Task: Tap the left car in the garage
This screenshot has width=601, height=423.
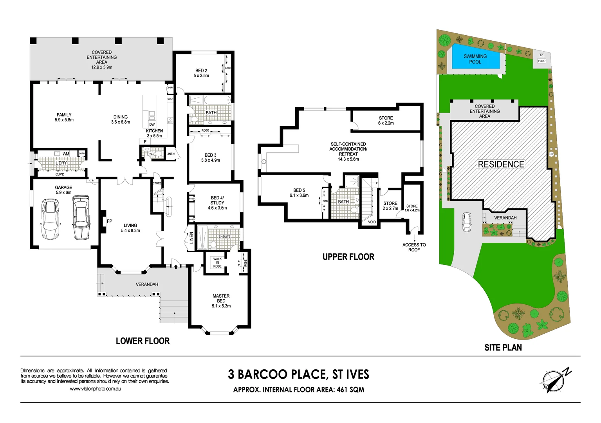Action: (x=51, y=219)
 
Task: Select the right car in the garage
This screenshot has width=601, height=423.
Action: (x=81, y=218)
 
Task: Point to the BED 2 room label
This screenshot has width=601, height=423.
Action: (x=201, y=73)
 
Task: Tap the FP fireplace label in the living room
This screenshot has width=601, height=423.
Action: (x=110, y=221)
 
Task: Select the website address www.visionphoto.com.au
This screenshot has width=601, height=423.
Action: (x=95, y=389)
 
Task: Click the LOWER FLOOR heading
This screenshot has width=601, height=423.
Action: (x=143, y=341)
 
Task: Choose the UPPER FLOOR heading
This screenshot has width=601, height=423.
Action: (x=348, y=257)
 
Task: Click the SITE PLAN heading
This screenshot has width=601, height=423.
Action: (x=503, y=347)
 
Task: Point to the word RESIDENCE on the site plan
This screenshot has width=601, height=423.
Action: (x=501, y=164)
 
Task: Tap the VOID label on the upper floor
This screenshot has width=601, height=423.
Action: (x=372, y=222)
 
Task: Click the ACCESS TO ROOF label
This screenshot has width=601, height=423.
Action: (x=414, y=247)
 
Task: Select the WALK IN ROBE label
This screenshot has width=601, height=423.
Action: (x=217, y=262)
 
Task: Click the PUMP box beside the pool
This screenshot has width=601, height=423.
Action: (x=541, y=61)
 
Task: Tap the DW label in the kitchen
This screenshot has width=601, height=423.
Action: (x=152, y=125)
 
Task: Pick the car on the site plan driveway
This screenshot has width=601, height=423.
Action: (x=467, y=222)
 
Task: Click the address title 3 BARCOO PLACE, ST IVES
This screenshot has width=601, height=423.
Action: (x=298, y=374)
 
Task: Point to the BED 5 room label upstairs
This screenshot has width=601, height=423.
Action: (x=299, y=193)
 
